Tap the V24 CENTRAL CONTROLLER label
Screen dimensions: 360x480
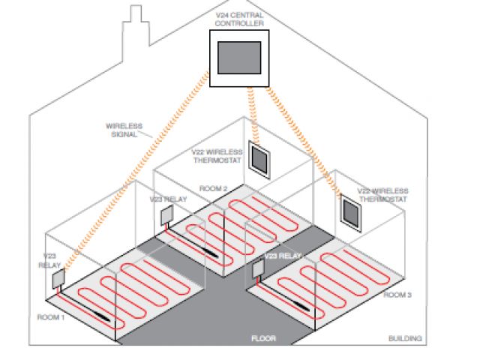tap(240, 19)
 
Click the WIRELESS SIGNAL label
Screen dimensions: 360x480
tap(124, 130)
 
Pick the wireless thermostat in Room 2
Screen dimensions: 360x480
tap(260, 159)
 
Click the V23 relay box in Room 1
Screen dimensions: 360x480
tap(57, 279)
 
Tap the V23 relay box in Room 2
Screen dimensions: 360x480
tap(166, 216)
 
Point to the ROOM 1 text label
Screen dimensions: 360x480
tap(52, 317)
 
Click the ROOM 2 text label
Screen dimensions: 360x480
tap(213, 187)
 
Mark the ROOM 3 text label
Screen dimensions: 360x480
tap(397, 295)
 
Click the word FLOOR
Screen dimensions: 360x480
tap(263, 339)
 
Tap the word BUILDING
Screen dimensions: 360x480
tap(405, 338)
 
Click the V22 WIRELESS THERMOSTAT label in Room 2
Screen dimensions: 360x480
tap(217, 156)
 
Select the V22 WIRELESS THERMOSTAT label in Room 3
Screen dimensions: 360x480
tap(382, 195)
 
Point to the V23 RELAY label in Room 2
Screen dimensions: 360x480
tap(168, 199)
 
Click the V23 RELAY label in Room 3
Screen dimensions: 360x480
tap(283, 256)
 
